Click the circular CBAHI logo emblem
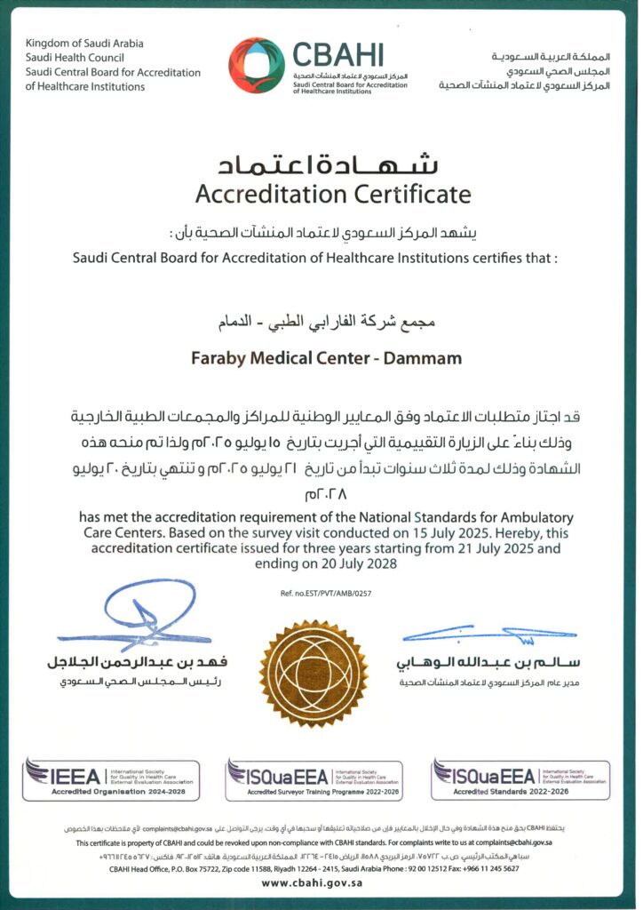coord(257,65)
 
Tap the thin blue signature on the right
coord(488,635)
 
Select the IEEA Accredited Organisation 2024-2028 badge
coord(111,779)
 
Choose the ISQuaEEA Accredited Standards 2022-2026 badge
coord(520,779)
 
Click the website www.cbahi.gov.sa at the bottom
coord(321,883)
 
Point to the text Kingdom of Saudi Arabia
coord(84,44)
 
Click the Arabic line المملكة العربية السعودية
coord(551,56)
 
